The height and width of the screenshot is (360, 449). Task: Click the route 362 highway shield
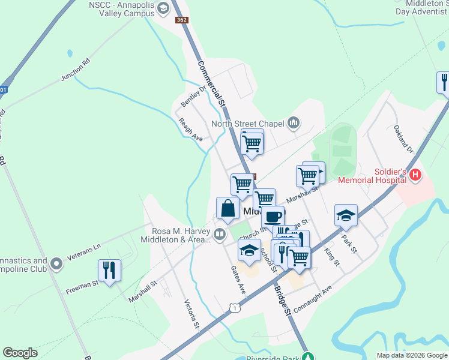tap(182, 20)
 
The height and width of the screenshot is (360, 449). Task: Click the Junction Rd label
tap(75, 70)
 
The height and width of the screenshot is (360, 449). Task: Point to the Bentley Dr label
tap(194, 97)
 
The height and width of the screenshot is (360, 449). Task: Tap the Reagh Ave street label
tap(190, 129)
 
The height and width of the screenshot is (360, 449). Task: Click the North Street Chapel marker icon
tap(294, 123)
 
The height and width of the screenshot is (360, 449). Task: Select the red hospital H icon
tap(415, 176)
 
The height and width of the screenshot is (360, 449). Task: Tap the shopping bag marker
tap(228, 209)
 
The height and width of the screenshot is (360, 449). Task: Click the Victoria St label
tap(191, 314)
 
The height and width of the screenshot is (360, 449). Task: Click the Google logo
tap(20, 353)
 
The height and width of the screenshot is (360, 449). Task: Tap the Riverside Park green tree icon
tap(308, 356)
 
